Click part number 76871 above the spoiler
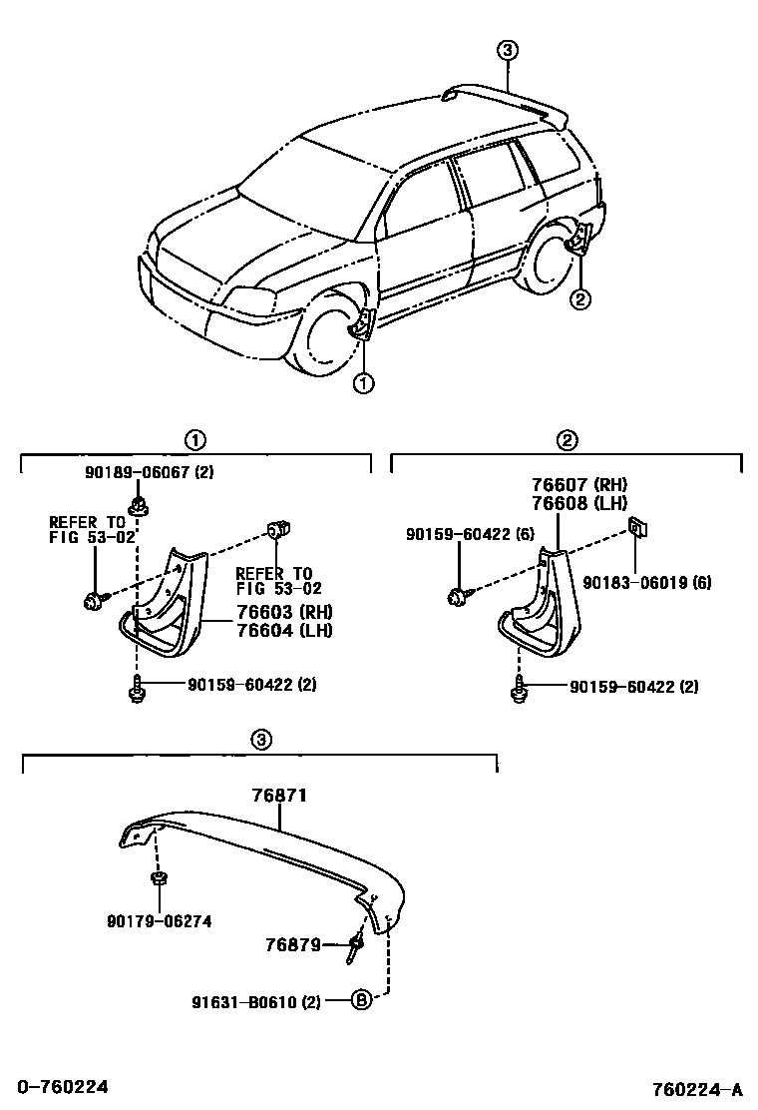click(x=279, y=796)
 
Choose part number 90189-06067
click(x=147, y=473)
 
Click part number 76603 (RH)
click(x=283, y=612)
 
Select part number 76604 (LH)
click(x=283, y=630)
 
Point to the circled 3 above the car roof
click(x=508, y=50)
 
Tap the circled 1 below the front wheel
click(x=363, y=381)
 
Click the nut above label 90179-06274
click(x=158, y=878)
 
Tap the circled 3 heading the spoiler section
click(x=259, y=740)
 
